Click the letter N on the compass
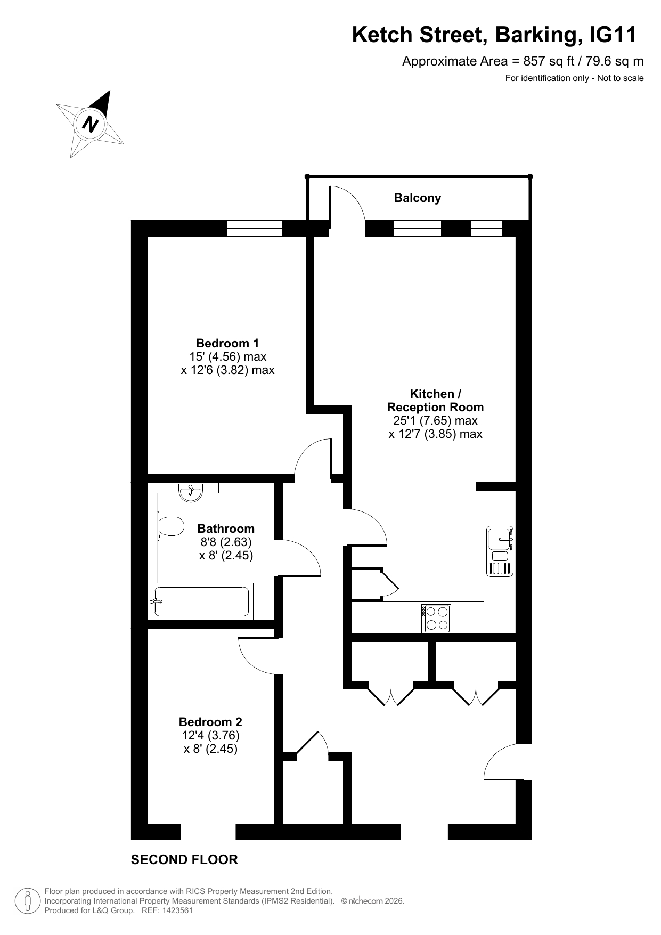click(91, 124)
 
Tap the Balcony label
click(418, 198)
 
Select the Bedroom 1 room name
click(227, 343)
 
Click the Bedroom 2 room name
click(210, 722)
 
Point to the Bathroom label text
click(226, 529)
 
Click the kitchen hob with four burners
click(436, 619)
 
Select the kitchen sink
click(500, 551)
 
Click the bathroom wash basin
click(191, 492)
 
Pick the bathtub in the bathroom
click(202, 601)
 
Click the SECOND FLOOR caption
click(184, 859)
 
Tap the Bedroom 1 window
click(255, 228)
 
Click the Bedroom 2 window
click(208, 832)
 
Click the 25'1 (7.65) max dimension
click(435, 420)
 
